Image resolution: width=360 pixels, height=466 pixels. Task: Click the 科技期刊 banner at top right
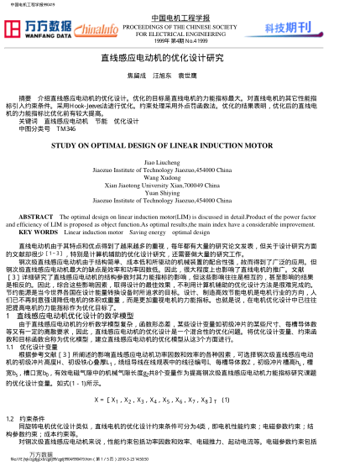click(x=312, y=28)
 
